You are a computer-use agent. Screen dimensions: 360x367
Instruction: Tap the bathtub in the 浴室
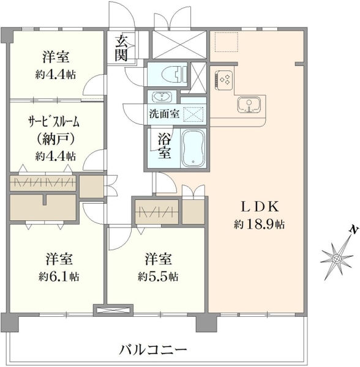(193, 148)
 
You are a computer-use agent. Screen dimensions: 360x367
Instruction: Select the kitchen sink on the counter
(249, 105)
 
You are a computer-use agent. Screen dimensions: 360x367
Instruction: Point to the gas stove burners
(224, 80)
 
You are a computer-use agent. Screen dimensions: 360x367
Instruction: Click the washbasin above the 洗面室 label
(162, 97)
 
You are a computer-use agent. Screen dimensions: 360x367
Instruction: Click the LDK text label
(260, 207)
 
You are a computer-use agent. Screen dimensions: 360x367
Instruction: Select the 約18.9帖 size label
(259, 225)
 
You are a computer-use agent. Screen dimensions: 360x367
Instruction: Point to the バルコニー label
(153, 350)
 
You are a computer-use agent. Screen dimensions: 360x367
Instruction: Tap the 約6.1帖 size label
(59, 277)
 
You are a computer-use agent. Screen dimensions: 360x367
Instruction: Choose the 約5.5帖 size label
(158, 277)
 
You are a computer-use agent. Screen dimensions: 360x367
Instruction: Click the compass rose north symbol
(337, 259)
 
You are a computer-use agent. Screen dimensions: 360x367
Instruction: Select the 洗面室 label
(165, 114)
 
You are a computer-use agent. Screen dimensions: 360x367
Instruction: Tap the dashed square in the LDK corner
(227, 42)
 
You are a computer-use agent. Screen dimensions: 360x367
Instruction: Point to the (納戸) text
(56, 139)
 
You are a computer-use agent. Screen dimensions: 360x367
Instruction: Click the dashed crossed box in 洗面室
(193, 114)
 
